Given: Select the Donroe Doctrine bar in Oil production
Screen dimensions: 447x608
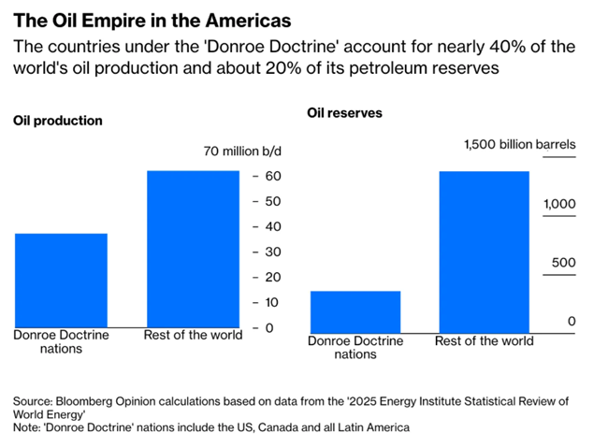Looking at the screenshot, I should (61, 280).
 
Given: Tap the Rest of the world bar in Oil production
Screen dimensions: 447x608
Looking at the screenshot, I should (193, 249).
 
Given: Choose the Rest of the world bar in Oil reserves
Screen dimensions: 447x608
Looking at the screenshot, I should (484, 252).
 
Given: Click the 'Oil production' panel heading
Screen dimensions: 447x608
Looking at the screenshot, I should (57, 121).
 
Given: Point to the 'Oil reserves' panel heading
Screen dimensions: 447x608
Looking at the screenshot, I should (345, 113).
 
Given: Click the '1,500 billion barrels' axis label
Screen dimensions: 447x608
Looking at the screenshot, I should (520, 144).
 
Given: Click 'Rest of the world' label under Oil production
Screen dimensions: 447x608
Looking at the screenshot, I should (193, 335).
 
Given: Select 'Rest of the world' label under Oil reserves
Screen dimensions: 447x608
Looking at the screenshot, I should (485, 341).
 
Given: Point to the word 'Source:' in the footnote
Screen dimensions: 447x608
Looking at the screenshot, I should (35, 400).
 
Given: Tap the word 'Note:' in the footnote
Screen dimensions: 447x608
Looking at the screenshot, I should (29, 427).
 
